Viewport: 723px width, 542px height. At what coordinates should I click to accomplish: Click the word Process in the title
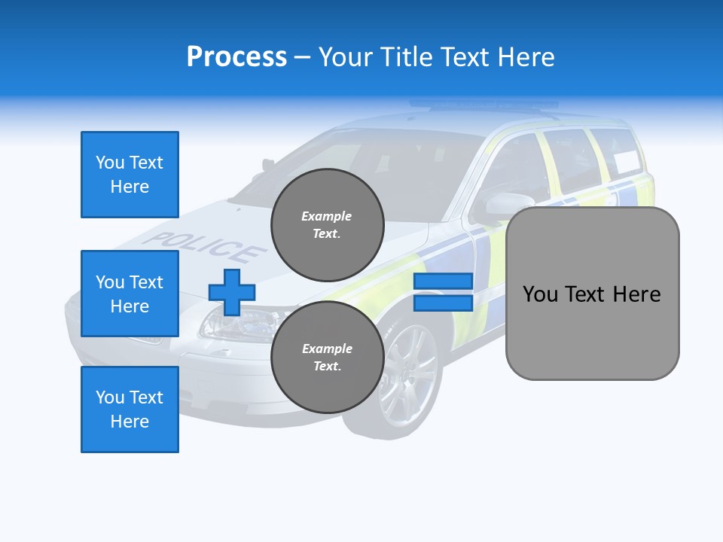click(x=236, y=57)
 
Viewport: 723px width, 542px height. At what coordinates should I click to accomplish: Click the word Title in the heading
click(x=406, y=57)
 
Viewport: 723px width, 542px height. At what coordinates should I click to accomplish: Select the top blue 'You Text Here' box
click(x=130, y=175)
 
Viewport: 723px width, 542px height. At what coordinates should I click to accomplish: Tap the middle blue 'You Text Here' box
click(x=130, y=294)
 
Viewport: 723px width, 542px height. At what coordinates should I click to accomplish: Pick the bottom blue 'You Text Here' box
click(x=130, y=410)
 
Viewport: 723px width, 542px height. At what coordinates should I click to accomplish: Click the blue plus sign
click(x=232, y=292)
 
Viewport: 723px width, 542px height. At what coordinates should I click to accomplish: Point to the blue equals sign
click(x=443, y=292)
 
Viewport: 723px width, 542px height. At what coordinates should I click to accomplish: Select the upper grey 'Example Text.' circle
click(x=327, y=225)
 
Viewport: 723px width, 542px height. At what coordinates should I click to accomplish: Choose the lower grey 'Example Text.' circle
click(x=327, y=358)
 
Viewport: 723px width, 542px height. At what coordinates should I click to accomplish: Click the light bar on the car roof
click(x=482, y=105)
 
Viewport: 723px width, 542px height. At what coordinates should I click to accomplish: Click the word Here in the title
click(x=526, y=57)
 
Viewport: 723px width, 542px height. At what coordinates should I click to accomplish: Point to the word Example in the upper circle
click(x=327, y=216)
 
